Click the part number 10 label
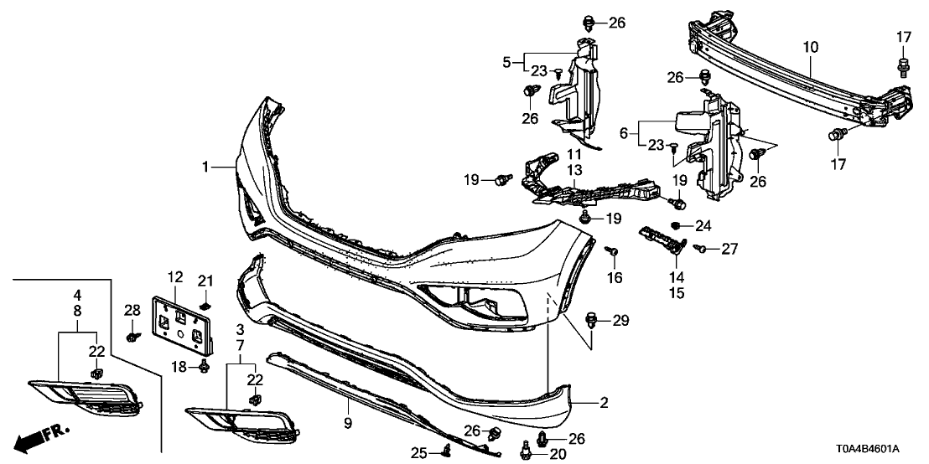click(x=809, y=48)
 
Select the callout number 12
click(x=174, y=277)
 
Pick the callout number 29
click(x=620, y=321)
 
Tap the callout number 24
click(x=702, y=225)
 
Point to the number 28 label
click(x=132, y=312)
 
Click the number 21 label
click(x=206, y=279)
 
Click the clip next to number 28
click(x=132, y=337)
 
